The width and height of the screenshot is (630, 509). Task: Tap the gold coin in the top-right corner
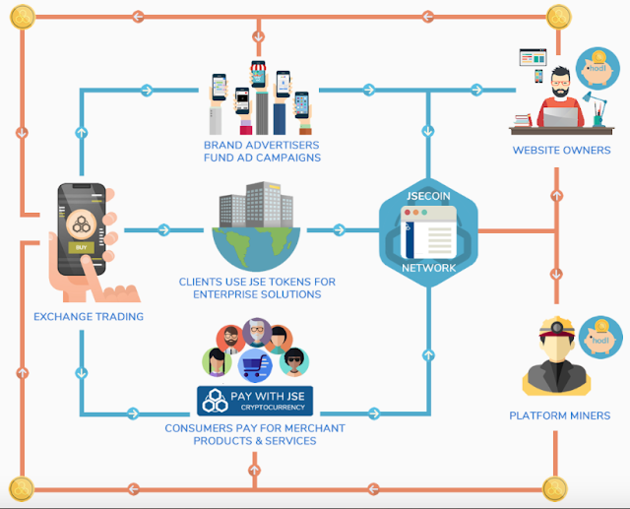pyautogui.click(x=560, y=15)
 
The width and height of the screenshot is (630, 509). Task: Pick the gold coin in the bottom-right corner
pyautogui.click(x=558, y=486)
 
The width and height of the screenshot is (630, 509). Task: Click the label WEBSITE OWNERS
pyautogui.click(x=561, y=151)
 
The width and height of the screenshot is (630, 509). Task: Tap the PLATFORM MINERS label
pyautogui.click(x=560, y=415)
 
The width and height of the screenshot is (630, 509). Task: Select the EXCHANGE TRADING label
pyautogui.click(x=89, y=317)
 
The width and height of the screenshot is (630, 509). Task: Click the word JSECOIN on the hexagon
pyautogui.click(x=428, y=196)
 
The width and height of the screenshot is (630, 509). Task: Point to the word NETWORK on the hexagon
pyautogui.click(x=428, y=268)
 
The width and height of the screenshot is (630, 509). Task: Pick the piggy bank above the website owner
pyautogui.click(x=596, y=66)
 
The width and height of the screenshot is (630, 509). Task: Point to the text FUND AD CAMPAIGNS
pyautogui.click(x=256, y=158)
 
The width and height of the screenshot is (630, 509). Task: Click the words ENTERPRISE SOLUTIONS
pyautogui.click(x=257, y=295)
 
